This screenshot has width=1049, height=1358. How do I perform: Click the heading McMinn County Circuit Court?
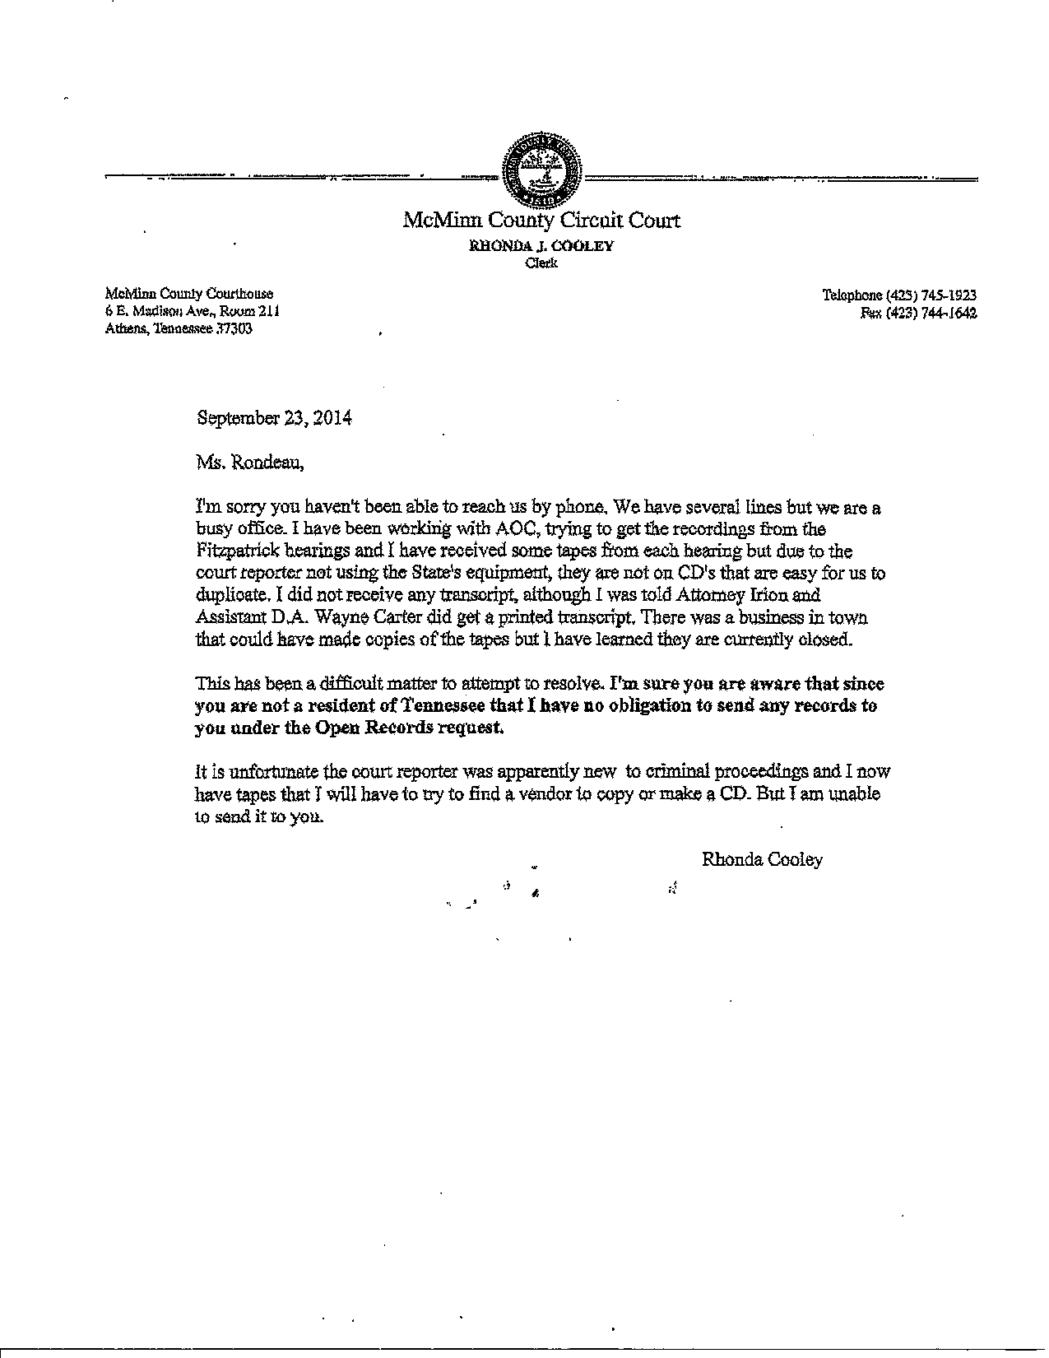point(541,221)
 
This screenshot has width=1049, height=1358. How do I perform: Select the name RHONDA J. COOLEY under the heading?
point(541,246)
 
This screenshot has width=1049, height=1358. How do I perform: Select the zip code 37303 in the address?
point(234,328)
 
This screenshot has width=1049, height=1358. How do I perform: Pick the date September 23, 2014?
point(275,418)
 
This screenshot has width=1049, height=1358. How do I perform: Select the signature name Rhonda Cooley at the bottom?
point(762,860)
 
